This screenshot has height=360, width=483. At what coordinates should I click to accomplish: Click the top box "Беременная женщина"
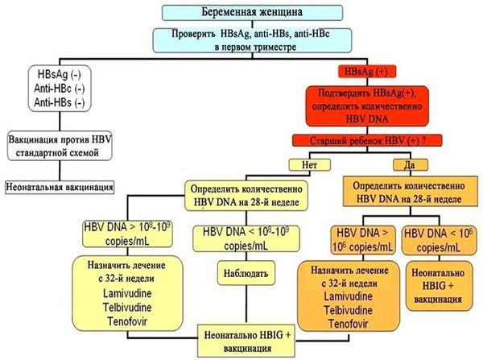tap(252, 12)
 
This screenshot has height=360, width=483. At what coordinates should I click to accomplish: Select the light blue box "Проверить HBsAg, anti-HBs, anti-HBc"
tap(252, 40)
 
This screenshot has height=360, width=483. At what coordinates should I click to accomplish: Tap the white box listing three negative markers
tap(60, 88)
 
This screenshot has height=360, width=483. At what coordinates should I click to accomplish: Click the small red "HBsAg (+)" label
tap(367, 72)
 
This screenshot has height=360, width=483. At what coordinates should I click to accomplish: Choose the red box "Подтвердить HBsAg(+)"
tap(367, 106)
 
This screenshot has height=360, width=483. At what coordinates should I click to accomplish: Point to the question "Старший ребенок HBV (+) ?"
tap(367, 141)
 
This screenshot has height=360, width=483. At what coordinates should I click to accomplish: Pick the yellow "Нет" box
tap(310, 164)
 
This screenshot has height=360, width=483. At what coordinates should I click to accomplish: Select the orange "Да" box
tap(411, 164)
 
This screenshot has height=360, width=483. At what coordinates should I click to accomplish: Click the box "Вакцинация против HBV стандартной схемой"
tap(60, 146)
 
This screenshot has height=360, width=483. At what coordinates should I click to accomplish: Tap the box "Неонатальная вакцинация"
tap(60, 187)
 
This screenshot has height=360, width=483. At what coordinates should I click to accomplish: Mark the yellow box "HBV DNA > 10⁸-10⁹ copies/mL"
tap(127, 234)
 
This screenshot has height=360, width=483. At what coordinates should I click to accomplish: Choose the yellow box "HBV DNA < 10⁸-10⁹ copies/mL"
tap(246, 239)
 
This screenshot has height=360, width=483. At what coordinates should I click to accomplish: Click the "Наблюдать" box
tap(246, 273)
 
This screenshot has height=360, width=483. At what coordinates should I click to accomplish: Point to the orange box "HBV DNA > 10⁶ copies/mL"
tap(362, 240)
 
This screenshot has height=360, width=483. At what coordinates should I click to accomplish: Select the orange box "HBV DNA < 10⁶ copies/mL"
tap(439, 241)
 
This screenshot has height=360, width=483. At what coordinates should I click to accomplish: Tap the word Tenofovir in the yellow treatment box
tap(127, 321)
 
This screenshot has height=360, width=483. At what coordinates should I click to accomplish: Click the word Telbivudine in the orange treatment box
tap(349, 310)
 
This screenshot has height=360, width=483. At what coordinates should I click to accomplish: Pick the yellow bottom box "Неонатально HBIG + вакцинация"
tap(246, 341)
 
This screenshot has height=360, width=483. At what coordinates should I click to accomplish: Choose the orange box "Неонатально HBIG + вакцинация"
tap(439, 286)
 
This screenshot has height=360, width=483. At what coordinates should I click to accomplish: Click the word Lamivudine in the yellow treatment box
tap(127, 293)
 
